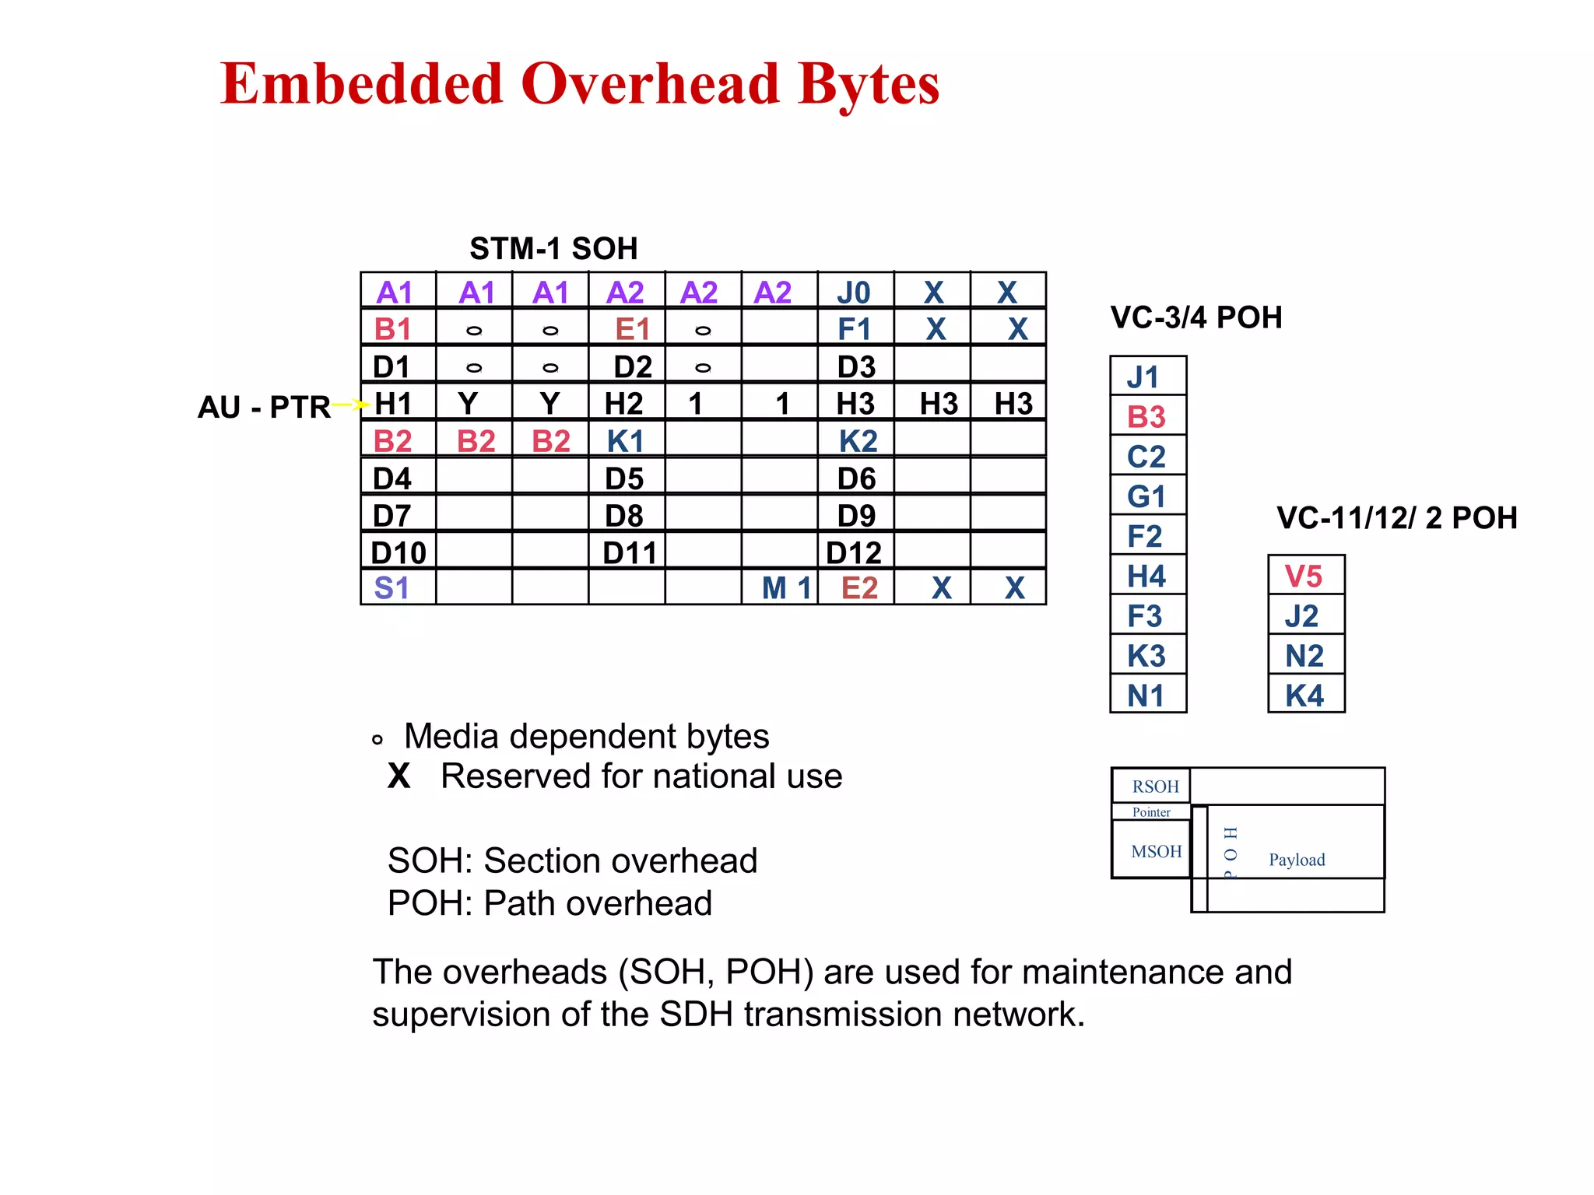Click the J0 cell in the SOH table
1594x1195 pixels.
(x=854, y=293)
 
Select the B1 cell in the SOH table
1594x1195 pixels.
(x=394, y=329)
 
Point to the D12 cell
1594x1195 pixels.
(x=854, y=552)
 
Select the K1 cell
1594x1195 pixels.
(x=625, y=441)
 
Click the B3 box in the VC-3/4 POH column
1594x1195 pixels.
(x=1147, y=417)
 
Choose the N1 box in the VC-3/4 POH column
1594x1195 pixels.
(x=1147, y=695)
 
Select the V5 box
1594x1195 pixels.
(x=1304, y=576)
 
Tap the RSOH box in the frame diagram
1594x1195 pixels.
(x=1154, y=787)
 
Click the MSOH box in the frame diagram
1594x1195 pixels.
(x=1156, y=851)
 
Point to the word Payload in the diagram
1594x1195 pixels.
(x=1297, y=860)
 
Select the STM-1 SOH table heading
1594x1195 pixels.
(x=553, y=249)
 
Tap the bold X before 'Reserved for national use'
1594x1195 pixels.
(x=399, y=776)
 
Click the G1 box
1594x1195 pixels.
(x=1147, y=496)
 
